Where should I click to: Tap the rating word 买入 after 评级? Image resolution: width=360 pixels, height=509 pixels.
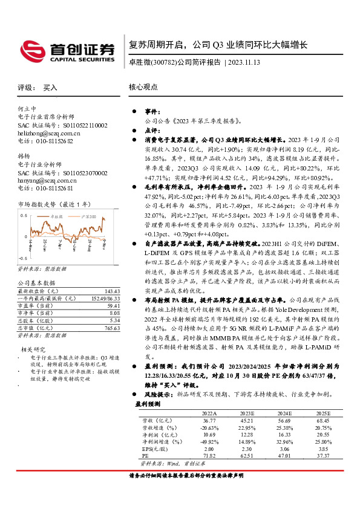point(50,88)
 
